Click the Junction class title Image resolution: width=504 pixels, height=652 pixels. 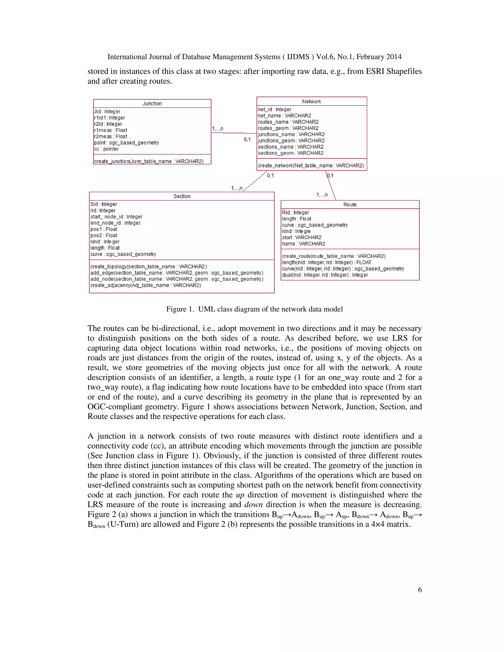[x=152, y=104]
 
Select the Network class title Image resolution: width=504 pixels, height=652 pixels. [x=311, y=102]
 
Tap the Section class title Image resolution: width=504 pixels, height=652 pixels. [x=182, y=196]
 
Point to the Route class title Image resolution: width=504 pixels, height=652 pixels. [x=350, y=204]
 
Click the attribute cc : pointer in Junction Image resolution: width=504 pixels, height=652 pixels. [x=106, y=149]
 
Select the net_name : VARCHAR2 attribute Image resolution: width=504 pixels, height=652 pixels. [x=284, y=116]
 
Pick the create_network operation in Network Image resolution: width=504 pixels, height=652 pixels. [x=311, y=165]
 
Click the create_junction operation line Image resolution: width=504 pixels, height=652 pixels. [x=149, y=161]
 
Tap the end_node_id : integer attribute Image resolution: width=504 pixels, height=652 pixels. [x=115, y=223]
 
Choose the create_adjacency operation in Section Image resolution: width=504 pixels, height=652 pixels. [x=145, y=285]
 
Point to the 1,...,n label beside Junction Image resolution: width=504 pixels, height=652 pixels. [x=217, y=129]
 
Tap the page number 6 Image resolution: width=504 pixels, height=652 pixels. [x=420, y=590]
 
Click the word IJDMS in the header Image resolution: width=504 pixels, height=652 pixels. [x=298, y=57]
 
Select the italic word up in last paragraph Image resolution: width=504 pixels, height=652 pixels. [x=240, y=495]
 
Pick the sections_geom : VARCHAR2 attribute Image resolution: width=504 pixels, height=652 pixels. [x=290, y=153]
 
